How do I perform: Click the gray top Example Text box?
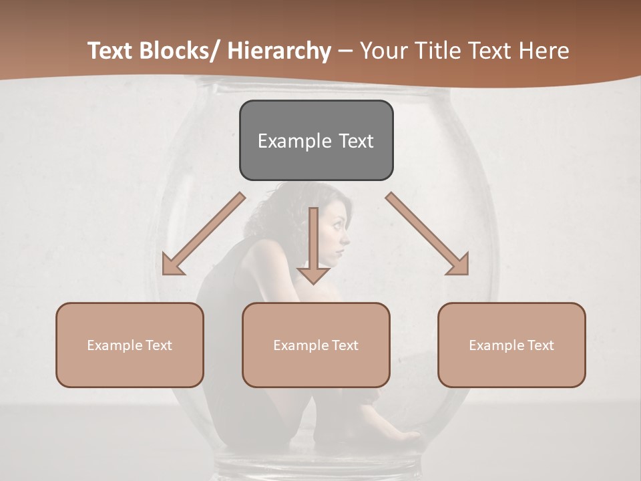(x=316, y=140)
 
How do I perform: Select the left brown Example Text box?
(x=130, y=345)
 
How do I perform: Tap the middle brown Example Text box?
(x=316, y=345)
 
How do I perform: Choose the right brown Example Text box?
(x=511, y=345)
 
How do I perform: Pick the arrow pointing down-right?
(x=428, y=234)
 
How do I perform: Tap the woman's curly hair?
(x=304, y=200)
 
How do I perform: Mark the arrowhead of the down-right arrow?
(x=458, y=265)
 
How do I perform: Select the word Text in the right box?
(x=540, y=345)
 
